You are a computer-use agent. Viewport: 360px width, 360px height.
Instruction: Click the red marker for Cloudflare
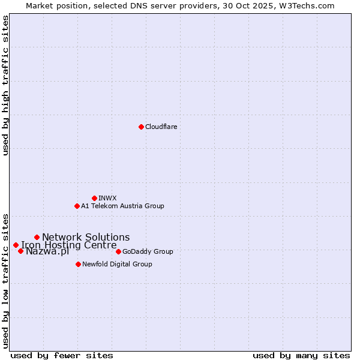tap(141, 127)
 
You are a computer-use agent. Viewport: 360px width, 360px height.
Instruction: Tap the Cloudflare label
tap(161, 127)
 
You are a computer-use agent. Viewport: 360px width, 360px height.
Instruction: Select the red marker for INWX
tap(94, 198)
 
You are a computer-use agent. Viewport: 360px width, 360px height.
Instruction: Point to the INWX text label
tap(107, 198)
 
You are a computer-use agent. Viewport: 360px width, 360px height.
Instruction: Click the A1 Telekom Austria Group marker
tap(77, 206)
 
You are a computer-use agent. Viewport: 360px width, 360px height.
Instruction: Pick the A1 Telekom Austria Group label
tap(122, 206)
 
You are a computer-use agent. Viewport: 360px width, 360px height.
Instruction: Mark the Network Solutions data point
tap(37, 237)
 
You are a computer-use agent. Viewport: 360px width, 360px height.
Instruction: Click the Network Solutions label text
tap(86, 237)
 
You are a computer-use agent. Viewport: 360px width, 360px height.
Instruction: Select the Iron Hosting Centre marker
tap(16, 245)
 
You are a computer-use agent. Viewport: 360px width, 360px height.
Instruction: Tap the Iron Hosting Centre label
tap(69, 245)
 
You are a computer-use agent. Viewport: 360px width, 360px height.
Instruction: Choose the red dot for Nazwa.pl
tap(20, 251)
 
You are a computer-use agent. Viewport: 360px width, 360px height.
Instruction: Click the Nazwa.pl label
tap(47, 251)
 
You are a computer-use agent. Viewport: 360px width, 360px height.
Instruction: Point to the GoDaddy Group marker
tap(118, 251)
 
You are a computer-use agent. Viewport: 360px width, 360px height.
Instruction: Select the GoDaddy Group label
tap(148, 251)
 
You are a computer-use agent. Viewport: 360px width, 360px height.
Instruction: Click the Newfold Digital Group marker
tap(78, 264)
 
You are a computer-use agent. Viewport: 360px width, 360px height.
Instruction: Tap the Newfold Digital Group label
tap(117, 264)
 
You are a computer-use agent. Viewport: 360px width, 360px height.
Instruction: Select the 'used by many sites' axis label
tap(301, 355)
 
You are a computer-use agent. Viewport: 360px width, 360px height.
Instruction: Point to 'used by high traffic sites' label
tap(5, 85)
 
